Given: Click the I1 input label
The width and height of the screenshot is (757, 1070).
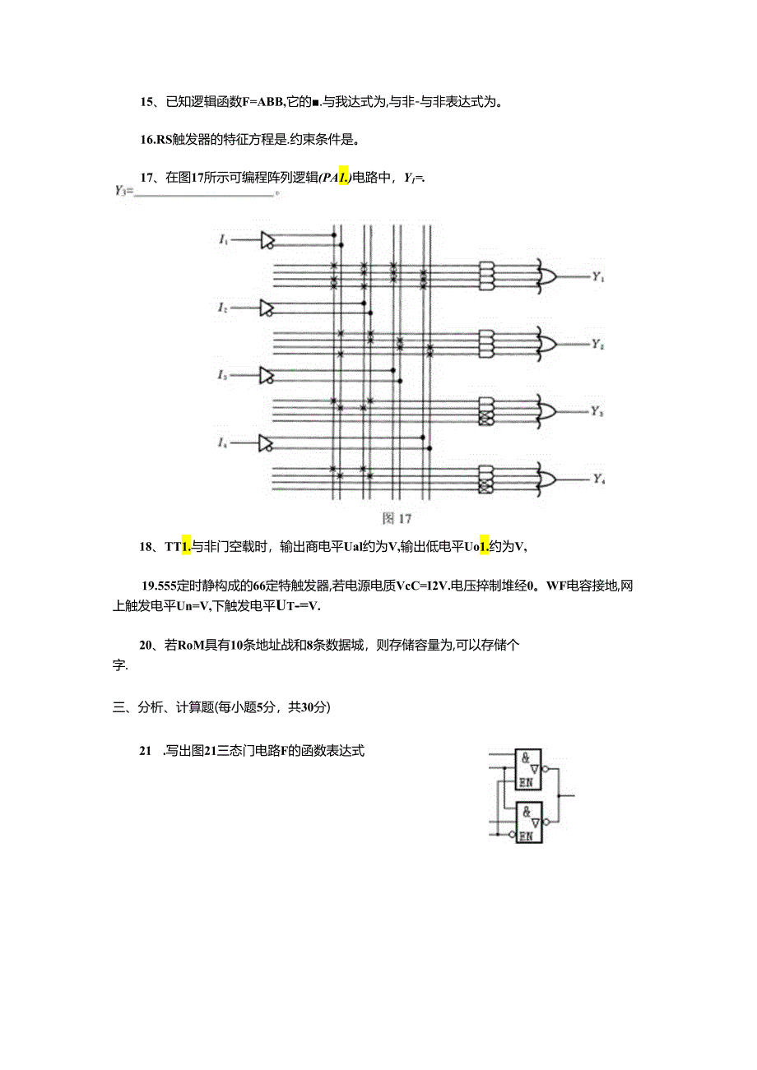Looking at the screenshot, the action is (223, 239).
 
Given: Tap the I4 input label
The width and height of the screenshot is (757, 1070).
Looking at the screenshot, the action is (223, 443).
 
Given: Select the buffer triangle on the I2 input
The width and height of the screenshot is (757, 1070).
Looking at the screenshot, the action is (267, 308).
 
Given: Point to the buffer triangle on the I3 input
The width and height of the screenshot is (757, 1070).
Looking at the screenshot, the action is (267, 375).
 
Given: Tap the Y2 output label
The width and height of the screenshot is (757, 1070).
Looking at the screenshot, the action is (598, 345).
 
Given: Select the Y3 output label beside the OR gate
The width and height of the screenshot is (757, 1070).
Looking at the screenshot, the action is (598, 412).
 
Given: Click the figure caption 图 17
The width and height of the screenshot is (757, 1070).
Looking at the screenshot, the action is (397, 518).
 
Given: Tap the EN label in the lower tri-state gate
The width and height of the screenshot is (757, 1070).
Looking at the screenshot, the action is (526, 836).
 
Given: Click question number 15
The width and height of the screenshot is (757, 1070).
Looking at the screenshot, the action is (147, 102).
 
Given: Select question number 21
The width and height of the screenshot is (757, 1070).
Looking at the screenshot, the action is (146, 751).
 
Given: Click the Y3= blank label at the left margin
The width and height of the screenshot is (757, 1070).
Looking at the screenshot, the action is (124, 192).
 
